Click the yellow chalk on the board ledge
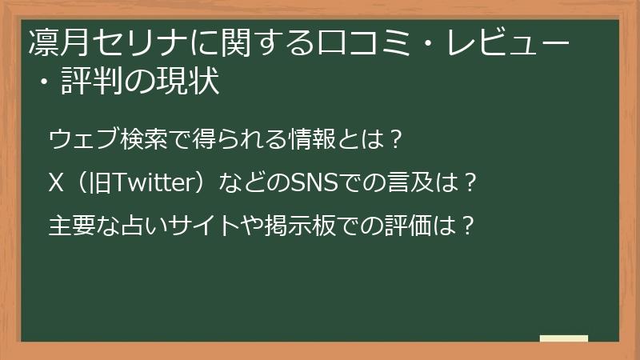point(563,339)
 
